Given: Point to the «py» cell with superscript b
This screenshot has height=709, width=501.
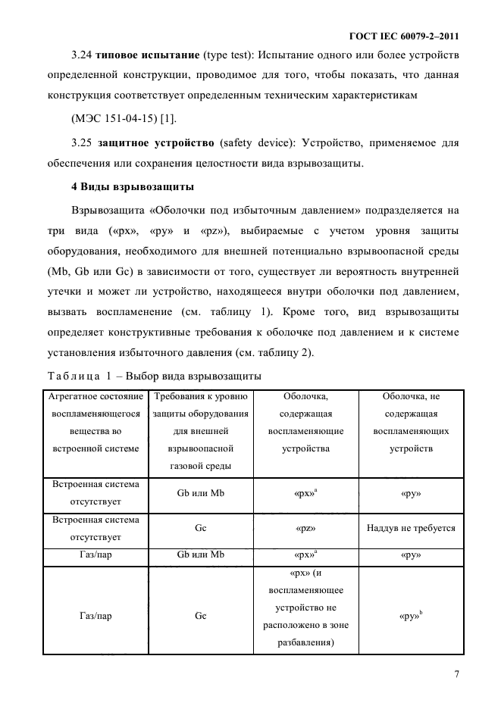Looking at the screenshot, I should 411,616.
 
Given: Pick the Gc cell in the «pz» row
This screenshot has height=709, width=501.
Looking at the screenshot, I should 201,529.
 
